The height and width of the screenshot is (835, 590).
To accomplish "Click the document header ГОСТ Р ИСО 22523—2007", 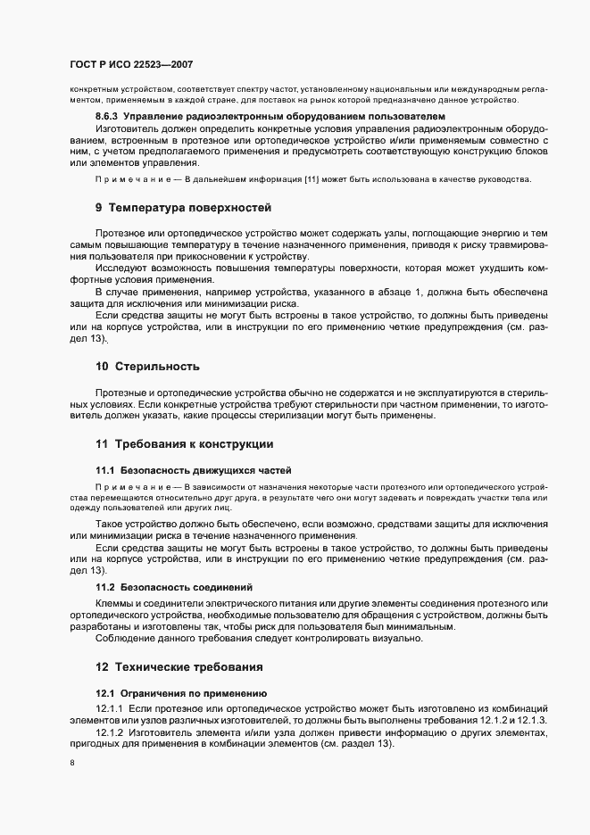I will click(x=130, y=65).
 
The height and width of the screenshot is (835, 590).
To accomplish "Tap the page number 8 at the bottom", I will click(x=72, y=764).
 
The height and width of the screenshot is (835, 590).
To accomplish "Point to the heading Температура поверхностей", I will click(x=189, y=208).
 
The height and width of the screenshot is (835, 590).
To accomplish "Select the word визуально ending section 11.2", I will click(x=399, y=639).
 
